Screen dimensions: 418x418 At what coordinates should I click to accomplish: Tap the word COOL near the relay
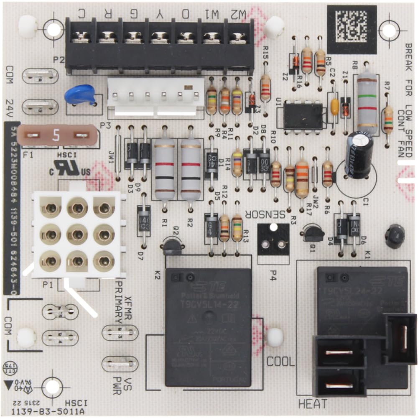coord(280,362)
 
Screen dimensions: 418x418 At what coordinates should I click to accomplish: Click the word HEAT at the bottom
coord(313,404)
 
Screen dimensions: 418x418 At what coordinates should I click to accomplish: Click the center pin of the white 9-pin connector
coord(77,234)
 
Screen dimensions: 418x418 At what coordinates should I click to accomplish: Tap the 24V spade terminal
coord(40,107)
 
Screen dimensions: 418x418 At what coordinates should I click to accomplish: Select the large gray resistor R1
coord(164,169)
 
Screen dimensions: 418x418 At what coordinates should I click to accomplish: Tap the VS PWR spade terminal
coord(120,364)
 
